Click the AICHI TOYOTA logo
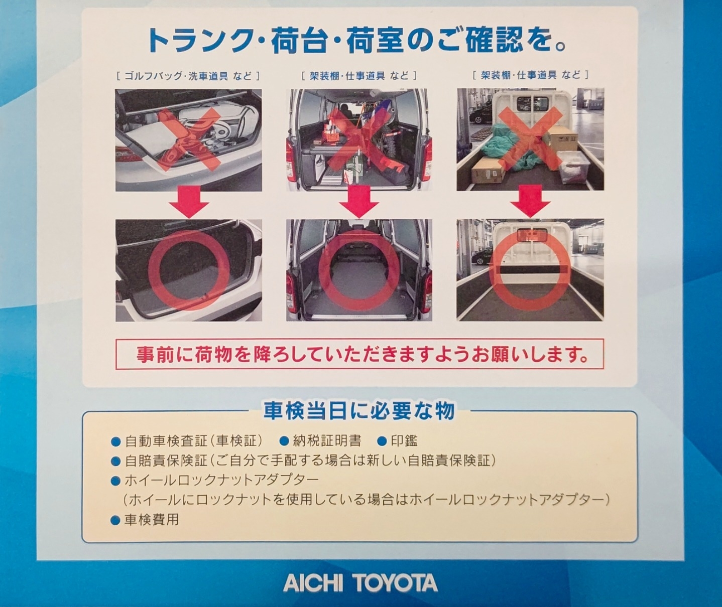tap(360, 583)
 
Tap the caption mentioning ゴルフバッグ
tap(188, 76)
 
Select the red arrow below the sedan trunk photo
tap(188, 202)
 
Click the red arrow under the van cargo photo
tap(359, 202)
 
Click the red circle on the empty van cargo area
tap(359, 270)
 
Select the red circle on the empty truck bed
tap(530, 270)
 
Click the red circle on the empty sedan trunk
tap(188, 270)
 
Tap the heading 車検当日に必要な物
tap(359, 411)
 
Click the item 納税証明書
tap(327, 441)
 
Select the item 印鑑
tap(404, 441)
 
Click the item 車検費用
tap(151, 520)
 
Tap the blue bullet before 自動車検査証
tap(116, 442)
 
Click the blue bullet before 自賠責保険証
tap(116, 461)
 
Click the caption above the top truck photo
tap(530, 75)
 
